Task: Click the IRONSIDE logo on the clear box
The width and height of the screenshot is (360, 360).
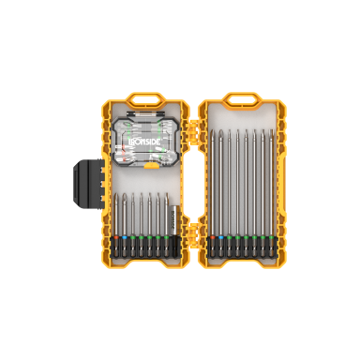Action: (144, 142)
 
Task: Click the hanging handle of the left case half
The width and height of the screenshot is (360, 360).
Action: (143, 99)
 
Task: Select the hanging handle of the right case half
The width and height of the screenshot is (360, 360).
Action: (242, 99)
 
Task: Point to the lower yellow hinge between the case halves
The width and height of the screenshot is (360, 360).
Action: (194, 232)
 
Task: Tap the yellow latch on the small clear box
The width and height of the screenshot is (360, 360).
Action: (152, 165)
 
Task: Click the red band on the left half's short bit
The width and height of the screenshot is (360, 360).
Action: (116, 238)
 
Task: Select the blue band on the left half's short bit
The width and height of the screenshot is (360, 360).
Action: (125, 238)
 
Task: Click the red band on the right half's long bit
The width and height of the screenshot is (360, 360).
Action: (213, 238)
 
